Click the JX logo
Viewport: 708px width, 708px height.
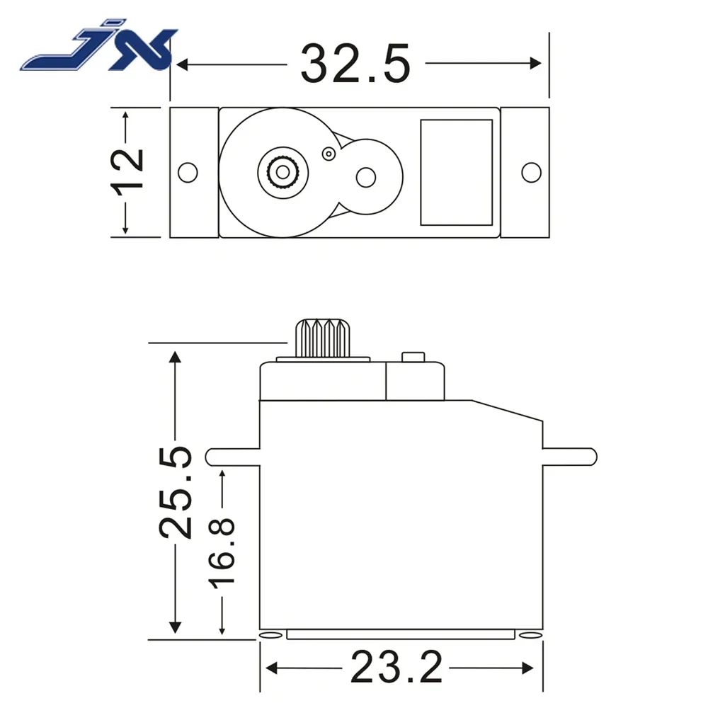click(x=99, y=51)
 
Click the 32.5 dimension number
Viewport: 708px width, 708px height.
click(x=356, y=64)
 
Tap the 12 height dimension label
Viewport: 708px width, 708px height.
click(x=127, y=170)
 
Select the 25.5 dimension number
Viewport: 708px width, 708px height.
click(x=175, y=492)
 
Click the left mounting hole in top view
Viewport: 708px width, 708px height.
click(x=187, y=171)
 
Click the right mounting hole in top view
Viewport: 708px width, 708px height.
click(x=530, y=171)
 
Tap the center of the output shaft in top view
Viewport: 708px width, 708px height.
click(x=282, y=171)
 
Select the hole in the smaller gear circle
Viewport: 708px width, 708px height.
click(x=365, y=176)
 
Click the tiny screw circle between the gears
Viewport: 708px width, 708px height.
click(x=328, y=153)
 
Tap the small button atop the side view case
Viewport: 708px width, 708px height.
click(x=412, y=357)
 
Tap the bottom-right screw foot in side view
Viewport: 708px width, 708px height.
click(x=528, y=635)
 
